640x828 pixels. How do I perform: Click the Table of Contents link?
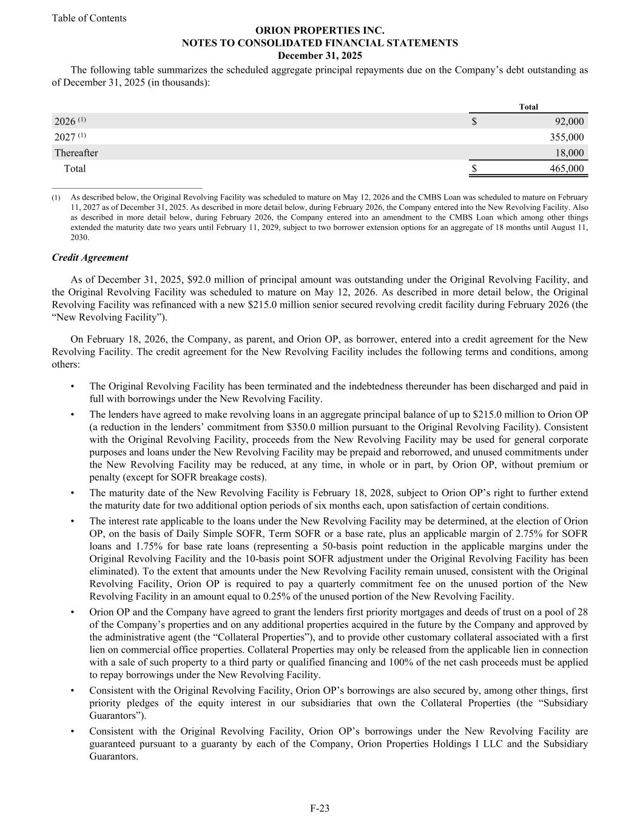tap(89, 18)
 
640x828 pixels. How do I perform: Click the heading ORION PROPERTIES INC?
tap(320, 30)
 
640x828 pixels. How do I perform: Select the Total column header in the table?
tap(528, 107)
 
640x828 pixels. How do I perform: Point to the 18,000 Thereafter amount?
tap(570, 153)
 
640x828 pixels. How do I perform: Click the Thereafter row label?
tap(76, 153)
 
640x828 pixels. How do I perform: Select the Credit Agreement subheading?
tap(90, 257)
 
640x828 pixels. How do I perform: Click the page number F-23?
tap(320, 808)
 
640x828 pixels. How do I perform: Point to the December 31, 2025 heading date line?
tap(320, 56)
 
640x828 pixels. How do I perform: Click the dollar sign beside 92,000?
tap(474, 121)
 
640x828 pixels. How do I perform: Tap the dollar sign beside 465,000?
tap(474, 169)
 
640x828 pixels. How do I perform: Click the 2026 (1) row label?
tap(70, 121)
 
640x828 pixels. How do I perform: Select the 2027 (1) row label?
tap(70, 137)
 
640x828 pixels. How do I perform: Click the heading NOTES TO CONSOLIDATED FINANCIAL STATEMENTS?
tap(320, 43)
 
